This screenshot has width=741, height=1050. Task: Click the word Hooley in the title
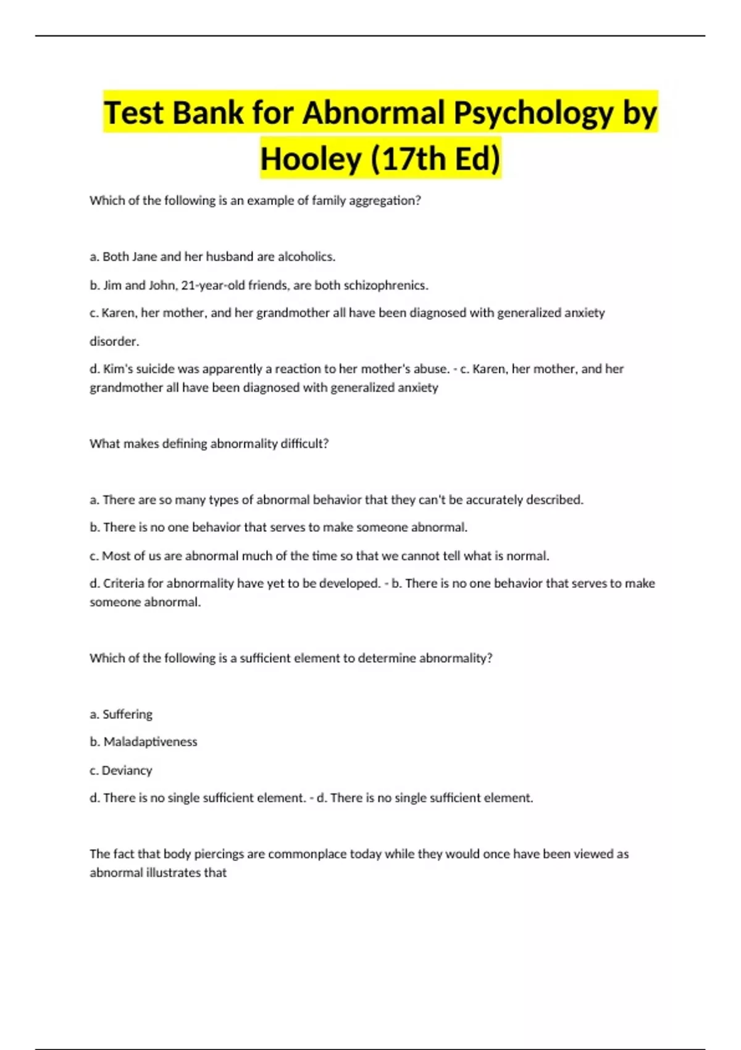[x=311, y=159]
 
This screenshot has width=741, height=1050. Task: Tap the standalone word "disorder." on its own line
[x=114, y=342]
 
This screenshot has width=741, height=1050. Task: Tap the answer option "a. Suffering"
[x=121, y=715]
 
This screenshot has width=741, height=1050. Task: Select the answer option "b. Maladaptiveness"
[x=143, y=742]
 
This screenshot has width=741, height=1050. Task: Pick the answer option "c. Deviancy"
[x=120, y=770]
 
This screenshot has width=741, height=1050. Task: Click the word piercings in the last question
[x=219, y=854]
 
